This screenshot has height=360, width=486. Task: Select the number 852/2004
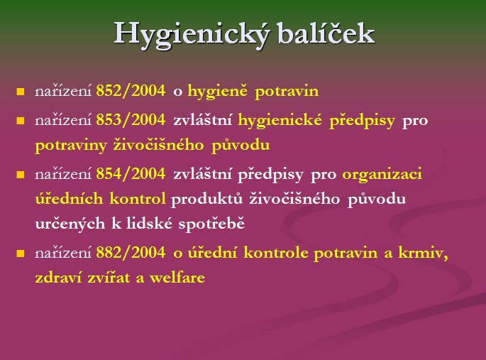(x=131, y=91)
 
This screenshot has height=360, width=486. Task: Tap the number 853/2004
(x=131, y=120)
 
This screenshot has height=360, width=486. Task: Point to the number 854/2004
(x=131, y=174)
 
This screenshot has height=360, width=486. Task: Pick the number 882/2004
(x=131, y=252)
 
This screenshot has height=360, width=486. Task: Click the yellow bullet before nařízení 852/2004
(x=21, y=92)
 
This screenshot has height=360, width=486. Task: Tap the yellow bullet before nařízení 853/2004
(x=21, y=120)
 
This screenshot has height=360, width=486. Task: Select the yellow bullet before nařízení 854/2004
(x=21, y=174)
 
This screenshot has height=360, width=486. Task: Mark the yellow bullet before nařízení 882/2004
(x=21, y=253)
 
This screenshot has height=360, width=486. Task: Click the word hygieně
(x=218, y=92)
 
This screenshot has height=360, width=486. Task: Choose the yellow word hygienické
(x=280, y=121)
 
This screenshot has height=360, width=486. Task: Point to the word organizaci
(x=382, y=175)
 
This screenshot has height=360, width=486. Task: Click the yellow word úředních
(x=69, y=198)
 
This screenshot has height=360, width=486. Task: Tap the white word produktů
(x=206, y=199)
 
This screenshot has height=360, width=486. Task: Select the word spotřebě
(x=211, y=224)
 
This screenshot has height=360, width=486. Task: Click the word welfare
(x=177, y=277)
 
